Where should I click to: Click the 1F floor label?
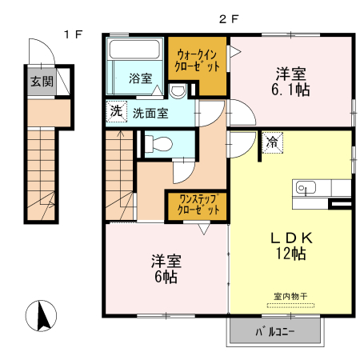(73, 34)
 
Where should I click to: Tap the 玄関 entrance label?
(42, 82)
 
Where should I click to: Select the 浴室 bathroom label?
(140, 78)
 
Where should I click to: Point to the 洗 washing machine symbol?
(117, 112)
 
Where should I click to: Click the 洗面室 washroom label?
(150, 113)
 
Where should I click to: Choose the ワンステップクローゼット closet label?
(197, 205)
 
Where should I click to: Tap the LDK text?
(290, 238)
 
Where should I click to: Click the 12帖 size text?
(290, 254)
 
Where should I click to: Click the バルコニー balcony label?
(276, 330)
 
